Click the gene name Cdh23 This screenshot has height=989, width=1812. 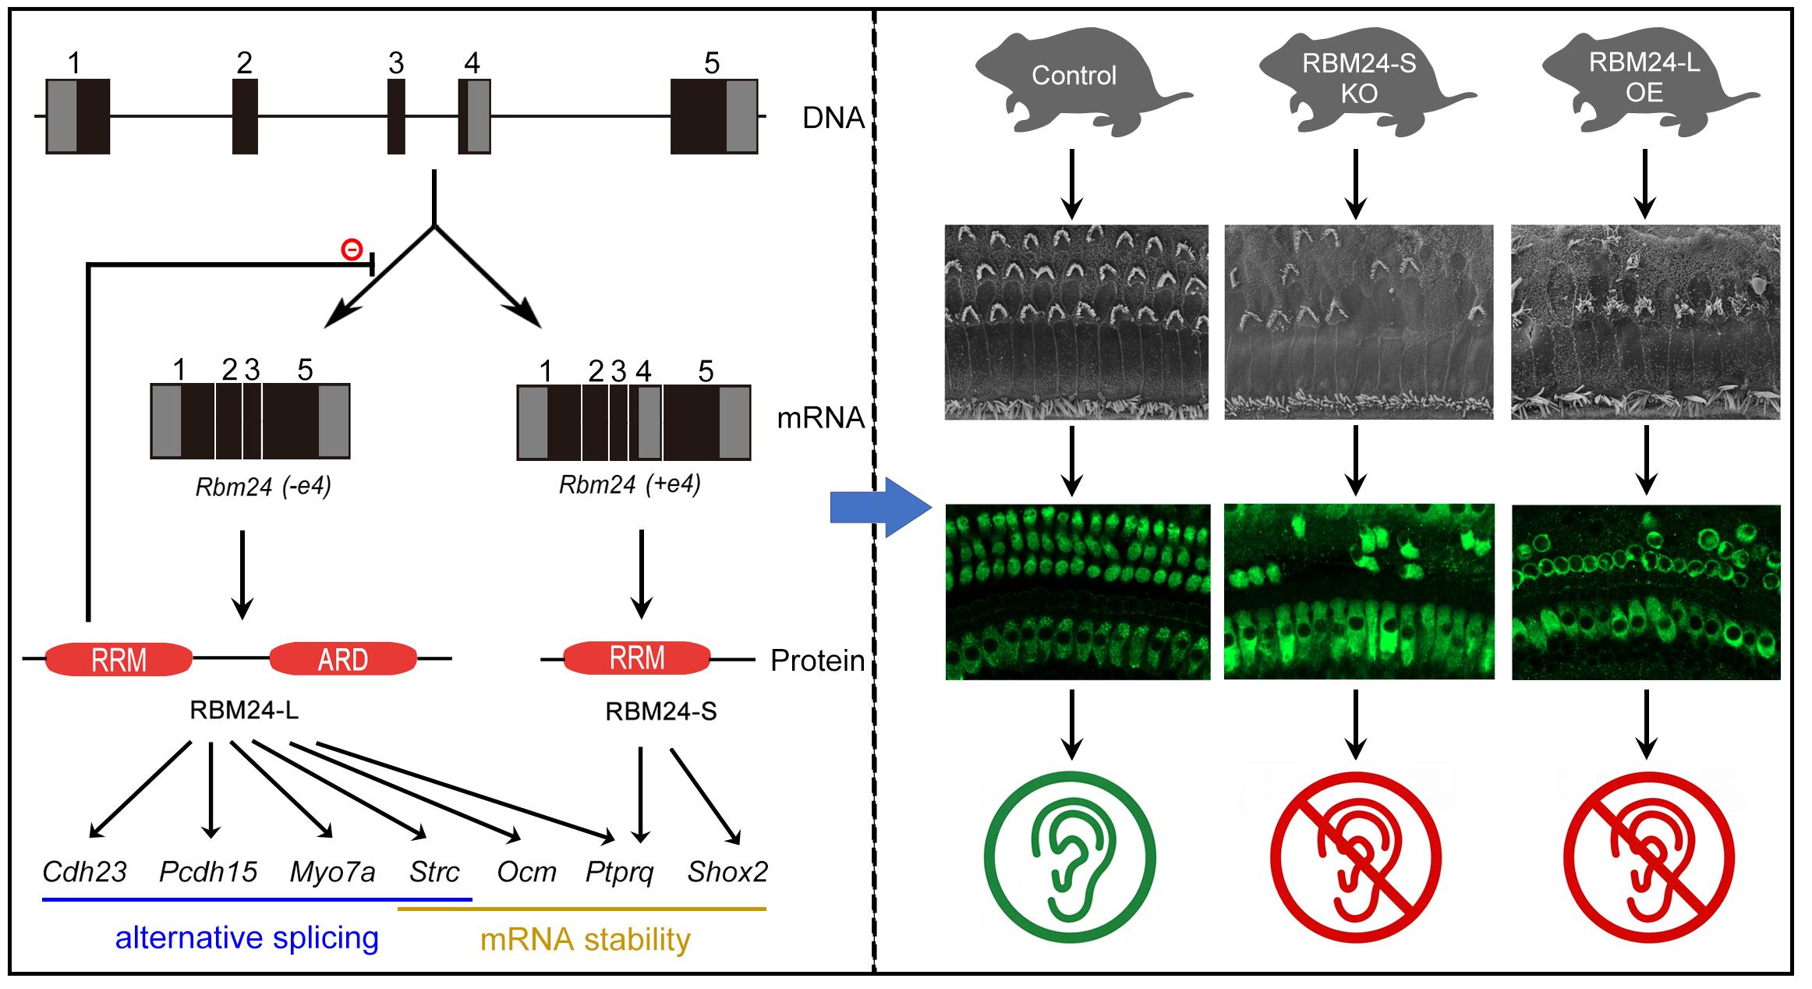84,872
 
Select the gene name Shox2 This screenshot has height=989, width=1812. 727,872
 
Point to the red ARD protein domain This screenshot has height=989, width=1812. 343,659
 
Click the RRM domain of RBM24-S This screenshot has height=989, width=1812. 637,658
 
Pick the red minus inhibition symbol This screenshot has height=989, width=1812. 352,250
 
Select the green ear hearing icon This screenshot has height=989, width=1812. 1069,858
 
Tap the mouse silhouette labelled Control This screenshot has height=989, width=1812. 1074,78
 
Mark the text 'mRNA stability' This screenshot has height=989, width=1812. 585,940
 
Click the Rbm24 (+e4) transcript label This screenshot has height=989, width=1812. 630,485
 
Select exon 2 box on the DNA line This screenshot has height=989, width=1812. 245,116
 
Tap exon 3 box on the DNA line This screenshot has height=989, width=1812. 396,116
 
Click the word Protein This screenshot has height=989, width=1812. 817,661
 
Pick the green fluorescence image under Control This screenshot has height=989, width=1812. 1078,592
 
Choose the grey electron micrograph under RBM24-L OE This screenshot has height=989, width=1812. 1645,322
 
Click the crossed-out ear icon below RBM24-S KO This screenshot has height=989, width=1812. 1356,858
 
